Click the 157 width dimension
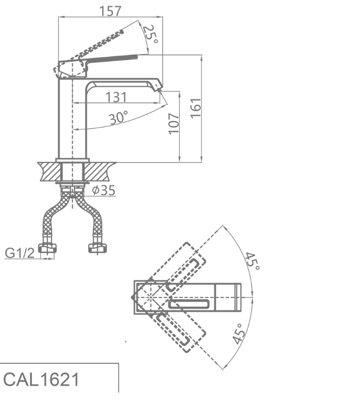coord(110,11)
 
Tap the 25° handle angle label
coord(150,34)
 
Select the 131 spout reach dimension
coord(116,97)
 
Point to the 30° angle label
coord(118,117)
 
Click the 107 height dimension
coord(174,124)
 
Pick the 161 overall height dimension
coord(196,108)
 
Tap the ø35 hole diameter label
coord(104,190)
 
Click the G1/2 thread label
coord(20,253)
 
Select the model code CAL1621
coord(41,379)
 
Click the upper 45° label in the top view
coord(253,261)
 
